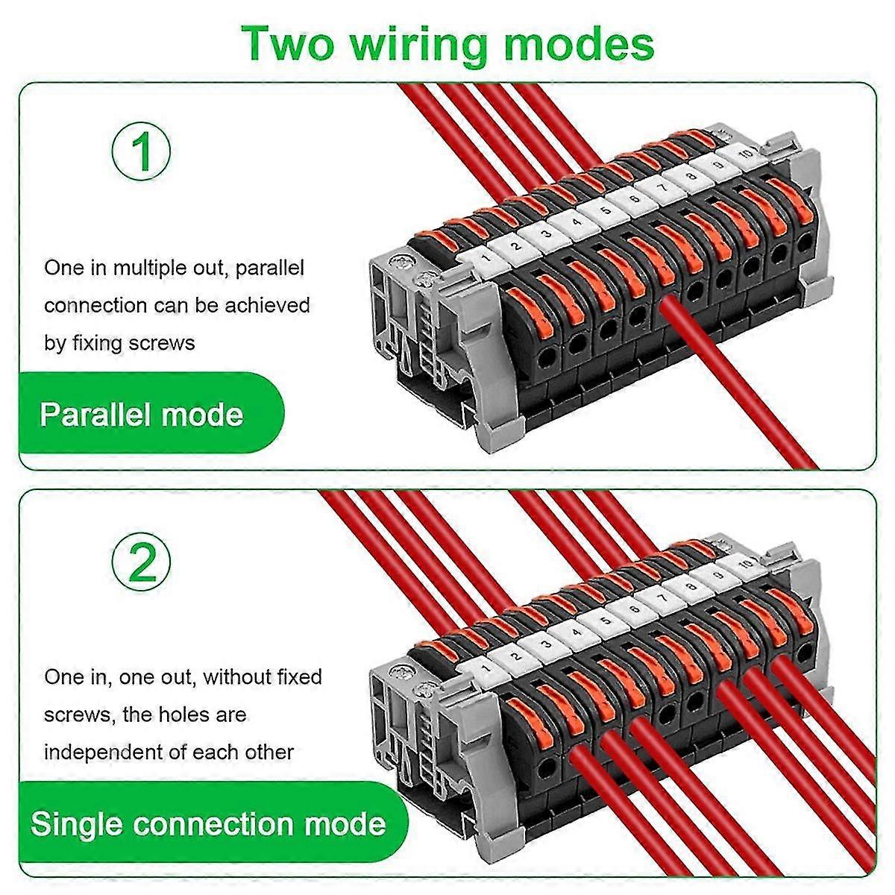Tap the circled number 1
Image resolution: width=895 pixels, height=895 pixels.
[142, 151]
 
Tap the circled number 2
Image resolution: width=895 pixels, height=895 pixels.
[142, 561]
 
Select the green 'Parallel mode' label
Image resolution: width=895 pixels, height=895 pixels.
[142, 414]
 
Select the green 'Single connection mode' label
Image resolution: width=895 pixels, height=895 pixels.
[208, 824]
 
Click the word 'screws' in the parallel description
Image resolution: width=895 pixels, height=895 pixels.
[159, 343]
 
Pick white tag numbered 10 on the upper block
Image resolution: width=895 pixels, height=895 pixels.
[744, 154]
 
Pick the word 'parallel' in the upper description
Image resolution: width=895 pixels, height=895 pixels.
[270, 268]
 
